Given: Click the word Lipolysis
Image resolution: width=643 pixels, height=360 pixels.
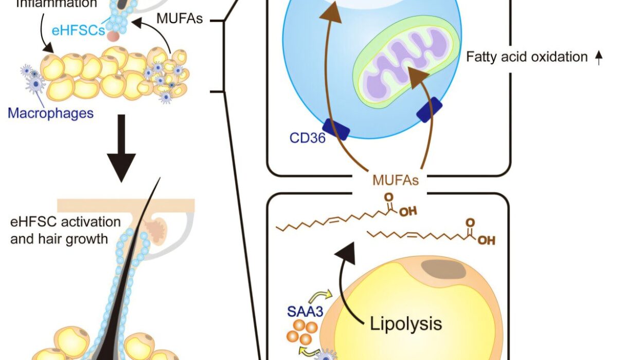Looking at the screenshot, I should coord(406,323).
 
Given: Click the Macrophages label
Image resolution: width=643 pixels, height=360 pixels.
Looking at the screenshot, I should coord(50,113).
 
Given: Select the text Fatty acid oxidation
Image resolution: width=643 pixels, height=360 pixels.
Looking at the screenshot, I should coord(526,57).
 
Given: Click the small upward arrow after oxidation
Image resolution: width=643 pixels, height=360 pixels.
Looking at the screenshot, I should coord(598,58).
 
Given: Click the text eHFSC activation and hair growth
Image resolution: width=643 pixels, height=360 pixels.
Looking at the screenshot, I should coord(65,230).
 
